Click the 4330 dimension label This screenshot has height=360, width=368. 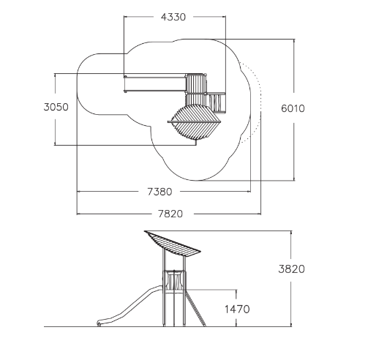click(173, 17)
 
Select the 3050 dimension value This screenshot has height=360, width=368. click(56, 107)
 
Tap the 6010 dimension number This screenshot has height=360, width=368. click(293, 108)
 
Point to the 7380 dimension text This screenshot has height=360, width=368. click(159, 192)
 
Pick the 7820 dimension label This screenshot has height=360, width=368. click(170, 214)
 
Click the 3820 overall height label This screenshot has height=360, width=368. click(292, 269)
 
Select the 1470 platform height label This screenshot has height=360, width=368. click(237, 310)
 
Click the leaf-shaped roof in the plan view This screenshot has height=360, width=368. click(195, 121)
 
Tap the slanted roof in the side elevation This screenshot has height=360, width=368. click(173, 244)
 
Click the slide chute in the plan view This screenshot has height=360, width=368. click(155, 84)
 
